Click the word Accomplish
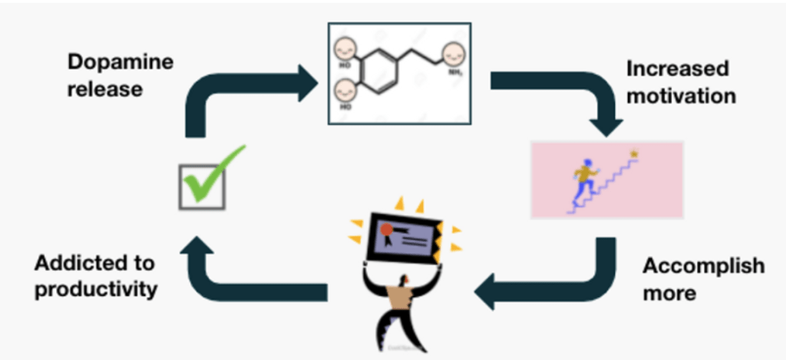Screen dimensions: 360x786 [702, 266]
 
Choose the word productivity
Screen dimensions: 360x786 [96, 289]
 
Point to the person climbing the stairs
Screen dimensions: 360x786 [586, 181]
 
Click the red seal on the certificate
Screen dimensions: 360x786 [386, 228]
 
